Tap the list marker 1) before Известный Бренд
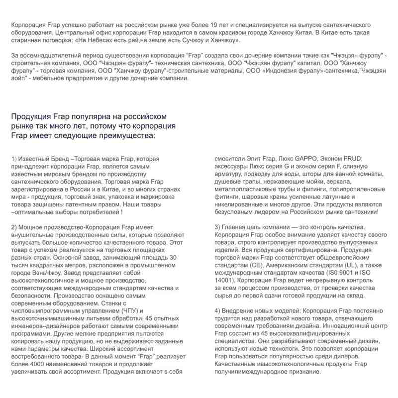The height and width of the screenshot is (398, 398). pyautogui.click(x=13, y=159)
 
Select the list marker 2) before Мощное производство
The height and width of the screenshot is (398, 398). pyautogui.click(x=13, y=227)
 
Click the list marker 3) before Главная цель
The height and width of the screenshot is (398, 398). pyautogui.click(x=217, y=227)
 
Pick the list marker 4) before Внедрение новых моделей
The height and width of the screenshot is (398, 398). pyautogui.click(x=217, y=311)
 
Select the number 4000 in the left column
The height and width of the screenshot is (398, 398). pyautogui.click(x=39, y=364)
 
